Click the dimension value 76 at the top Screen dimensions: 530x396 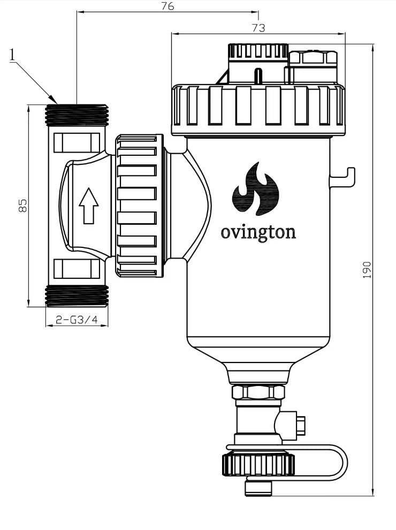(167, 6)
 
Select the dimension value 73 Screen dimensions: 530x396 (258, 28)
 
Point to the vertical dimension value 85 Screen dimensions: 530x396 (22, 206)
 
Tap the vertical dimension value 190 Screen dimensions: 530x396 (367, 270)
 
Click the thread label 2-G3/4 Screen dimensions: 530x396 (77, 320)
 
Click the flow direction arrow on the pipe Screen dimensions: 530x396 (88, 206)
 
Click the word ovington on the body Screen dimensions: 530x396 (258, 233)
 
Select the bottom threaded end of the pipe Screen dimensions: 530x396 (77, 296)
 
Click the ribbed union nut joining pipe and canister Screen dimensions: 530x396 (138, 206)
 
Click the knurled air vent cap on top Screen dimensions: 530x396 (258, 52)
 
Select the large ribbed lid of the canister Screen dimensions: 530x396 (258, 110)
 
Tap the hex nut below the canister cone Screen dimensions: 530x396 (258, 392)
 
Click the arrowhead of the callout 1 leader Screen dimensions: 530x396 (55, 101)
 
